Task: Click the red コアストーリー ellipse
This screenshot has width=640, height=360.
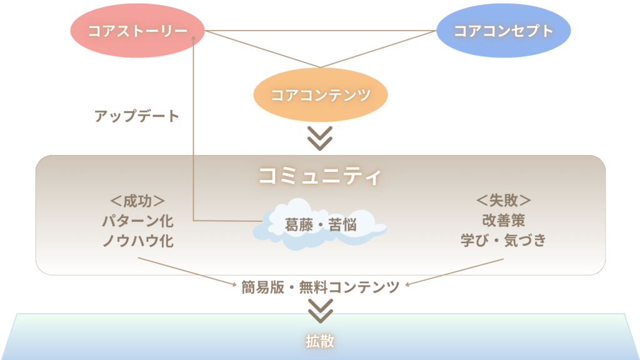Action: [x=137, y=31]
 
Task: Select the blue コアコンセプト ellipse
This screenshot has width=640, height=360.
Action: [x=503, y=31]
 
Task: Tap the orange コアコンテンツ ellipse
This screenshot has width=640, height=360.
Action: [x=321, y=95]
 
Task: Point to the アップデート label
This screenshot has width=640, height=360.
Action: [x=137, y=116]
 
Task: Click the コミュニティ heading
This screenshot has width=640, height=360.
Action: [x=321, y=176]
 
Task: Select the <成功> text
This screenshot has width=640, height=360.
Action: [x=137, y=201]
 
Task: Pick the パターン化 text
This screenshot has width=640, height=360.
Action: [x=137, y=221]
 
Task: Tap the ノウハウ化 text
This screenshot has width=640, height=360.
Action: [x=137, y=241]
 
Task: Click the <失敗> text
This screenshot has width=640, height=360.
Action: [x=503, y=201]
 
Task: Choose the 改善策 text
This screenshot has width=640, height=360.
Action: [x=503, y=221]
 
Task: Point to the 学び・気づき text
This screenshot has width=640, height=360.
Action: [x=503, y=241]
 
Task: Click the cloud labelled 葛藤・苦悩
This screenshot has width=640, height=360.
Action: [x=319, y=224]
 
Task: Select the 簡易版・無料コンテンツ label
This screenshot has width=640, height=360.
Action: [x=321, y=287]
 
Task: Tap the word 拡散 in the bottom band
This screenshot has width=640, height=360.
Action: [x=320, y=341]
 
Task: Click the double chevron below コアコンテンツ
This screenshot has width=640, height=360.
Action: [x=320, y=139]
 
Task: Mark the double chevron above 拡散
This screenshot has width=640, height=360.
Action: [x=321, y=311]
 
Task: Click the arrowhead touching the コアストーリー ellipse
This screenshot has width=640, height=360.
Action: [x=194, y=38]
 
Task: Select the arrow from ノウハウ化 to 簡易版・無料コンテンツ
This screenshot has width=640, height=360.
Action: [x=187, y=271]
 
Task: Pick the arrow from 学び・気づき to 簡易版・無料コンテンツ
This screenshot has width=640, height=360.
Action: [x=454, y=272]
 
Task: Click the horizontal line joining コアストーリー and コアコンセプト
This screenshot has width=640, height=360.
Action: [x=321, y=31]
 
